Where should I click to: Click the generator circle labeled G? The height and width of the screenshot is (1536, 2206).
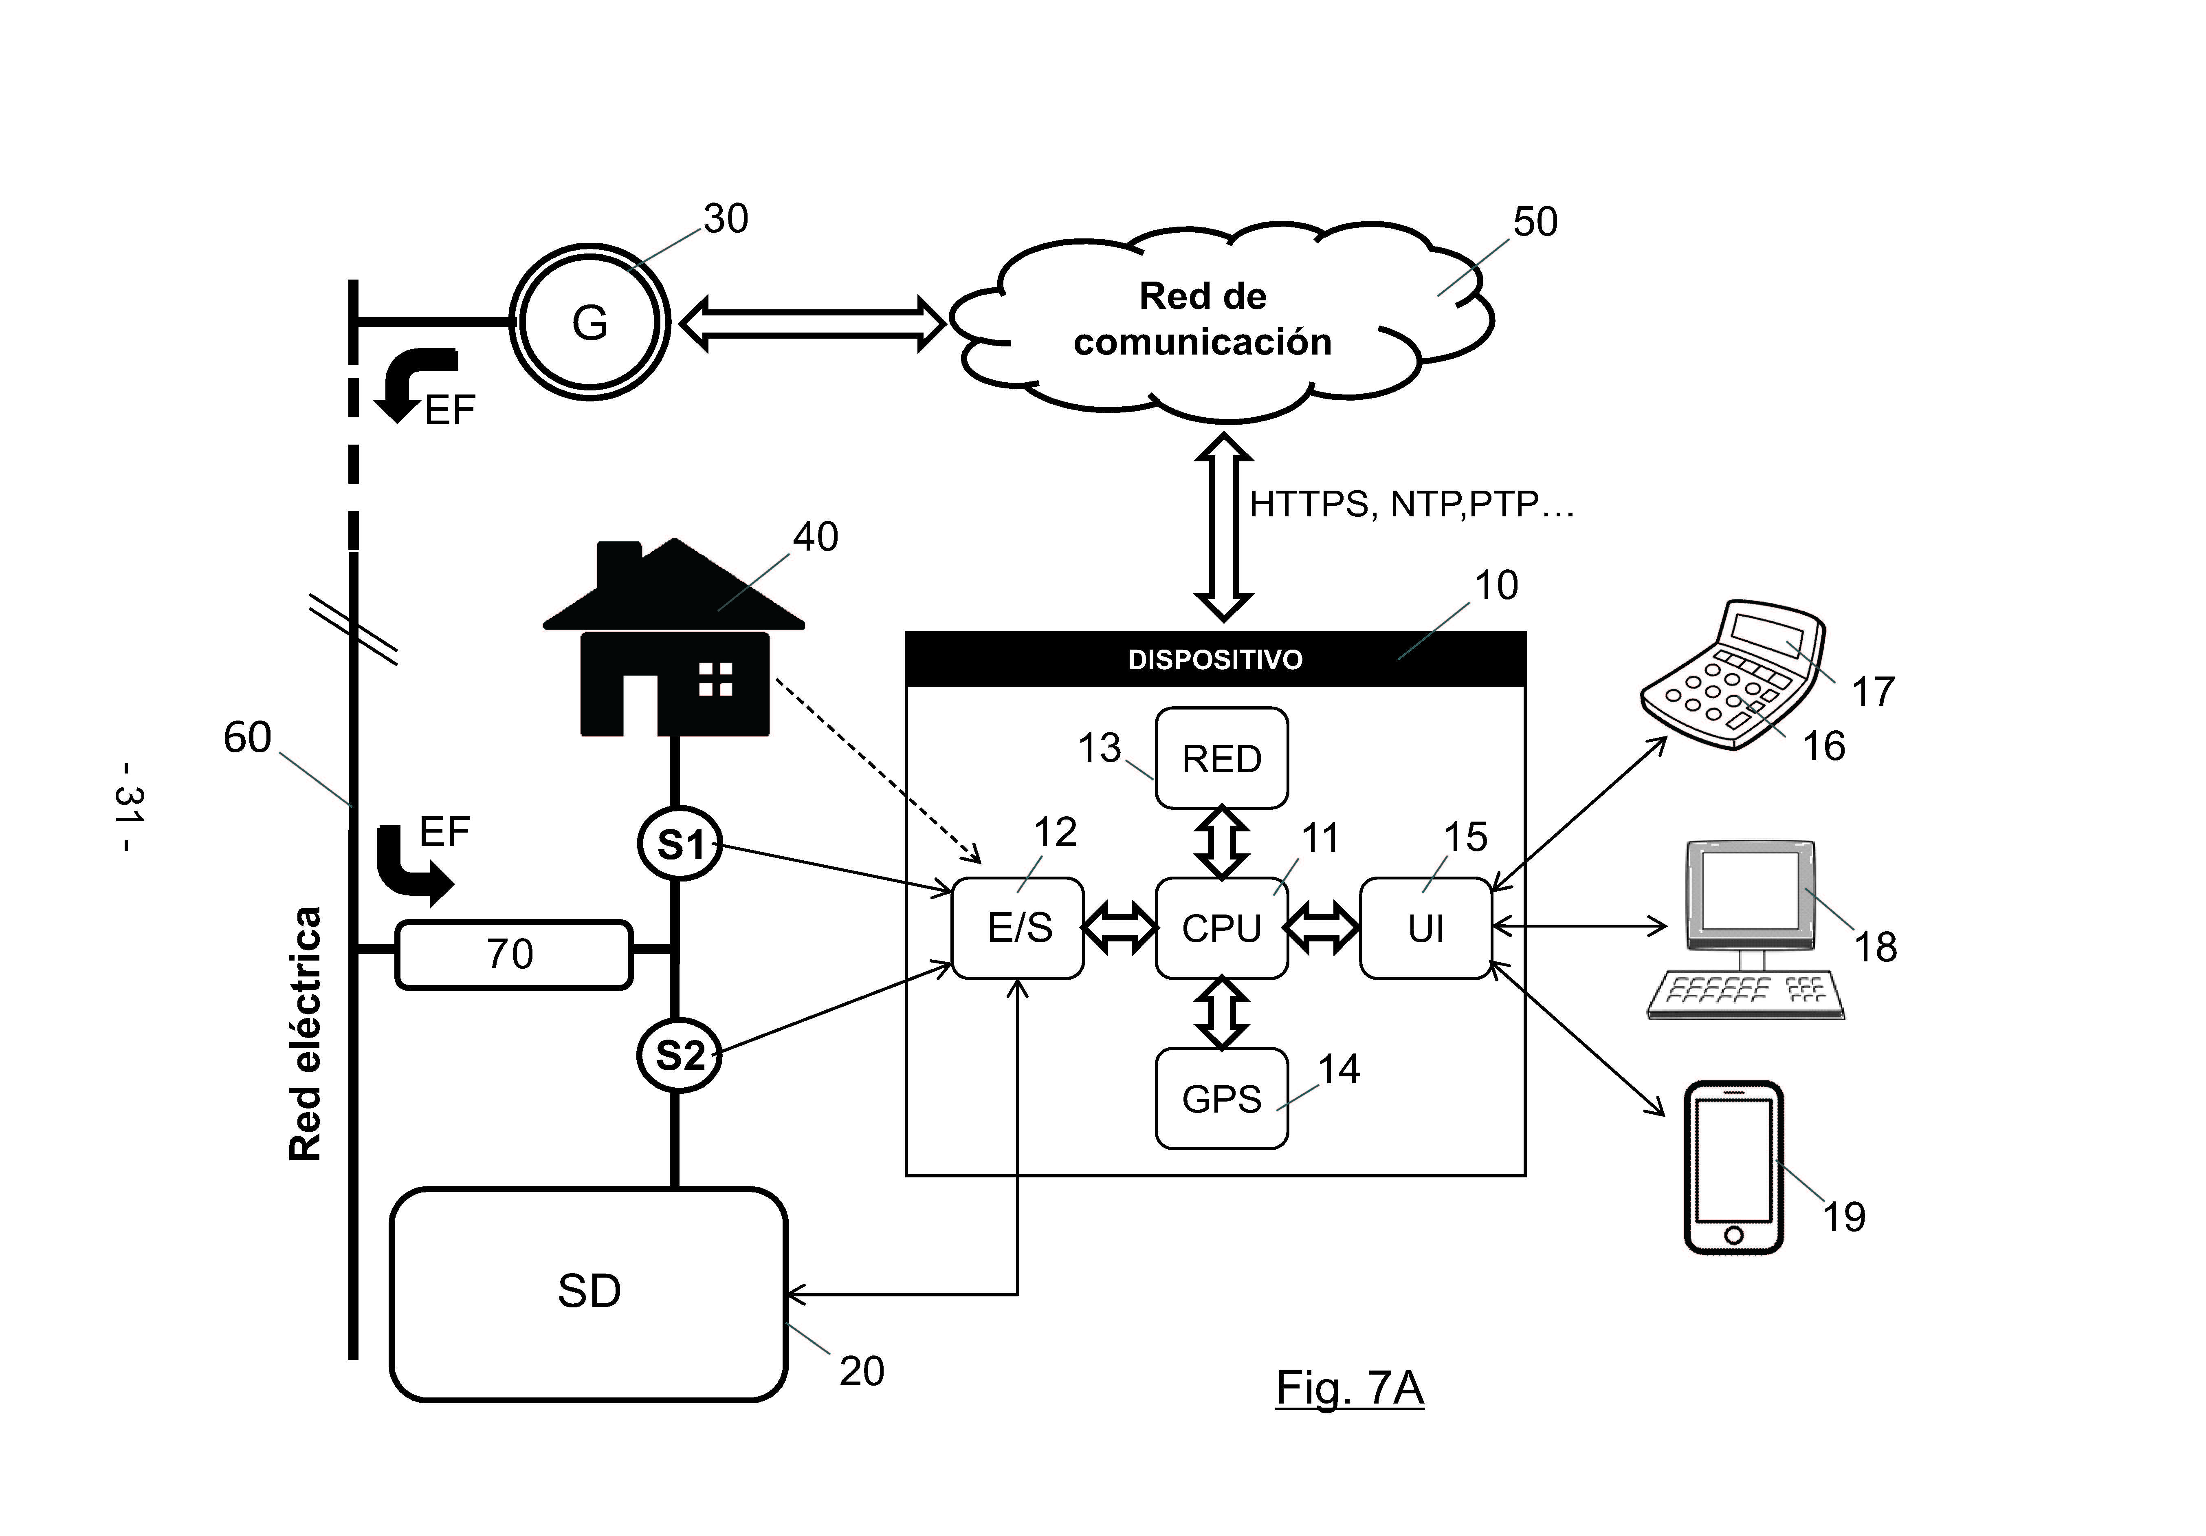[589, 322]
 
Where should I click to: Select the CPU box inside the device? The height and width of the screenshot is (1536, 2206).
[1221, 928]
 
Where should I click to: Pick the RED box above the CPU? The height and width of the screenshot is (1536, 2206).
[1221, 758]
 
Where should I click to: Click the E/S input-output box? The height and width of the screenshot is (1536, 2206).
[1018, 928]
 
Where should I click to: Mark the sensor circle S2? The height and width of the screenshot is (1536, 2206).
[679, 1056]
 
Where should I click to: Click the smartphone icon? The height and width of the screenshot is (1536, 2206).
[1733, 1167]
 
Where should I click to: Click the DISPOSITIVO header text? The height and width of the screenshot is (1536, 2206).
[1214, 659]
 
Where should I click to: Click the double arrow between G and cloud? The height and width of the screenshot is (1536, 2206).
[812, 324]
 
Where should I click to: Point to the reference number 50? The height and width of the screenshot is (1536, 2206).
[1534, 222]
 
